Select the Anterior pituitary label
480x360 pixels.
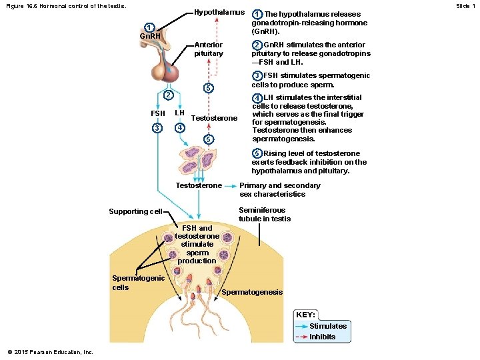pyautogui.click(x=208, y=49)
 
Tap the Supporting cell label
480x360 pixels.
pyautogui.click(x=135, y=212)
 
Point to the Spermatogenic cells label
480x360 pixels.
pyautogui.click(x=138, y=283)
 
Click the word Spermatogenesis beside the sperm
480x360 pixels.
pyautogui.click(x=252, y=292)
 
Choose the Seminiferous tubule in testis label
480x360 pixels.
pyautogui.click(x=265, y=214)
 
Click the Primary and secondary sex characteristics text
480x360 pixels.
pyautogui.click(x=279, y=190)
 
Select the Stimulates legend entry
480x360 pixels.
pyautogui.click(x=328, y=326)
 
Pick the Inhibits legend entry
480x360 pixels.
pyautogui.click(x=323, y=337)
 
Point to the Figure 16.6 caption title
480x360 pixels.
pyautogui.click(x=63, y=6)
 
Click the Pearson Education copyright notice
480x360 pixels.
pyautogui.click(x=51, y=352)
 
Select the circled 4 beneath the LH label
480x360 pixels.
pyautogui.click(x=179, y=127)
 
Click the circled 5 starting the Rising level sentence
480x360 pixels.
pyautogui.click(x=257, y=153)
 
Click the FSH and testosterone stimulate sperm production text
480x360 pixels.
pyautogui.click(x=197, y=244)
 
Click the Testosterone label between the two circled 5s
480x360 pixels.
pyautogui.click(x=214, y=118)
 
